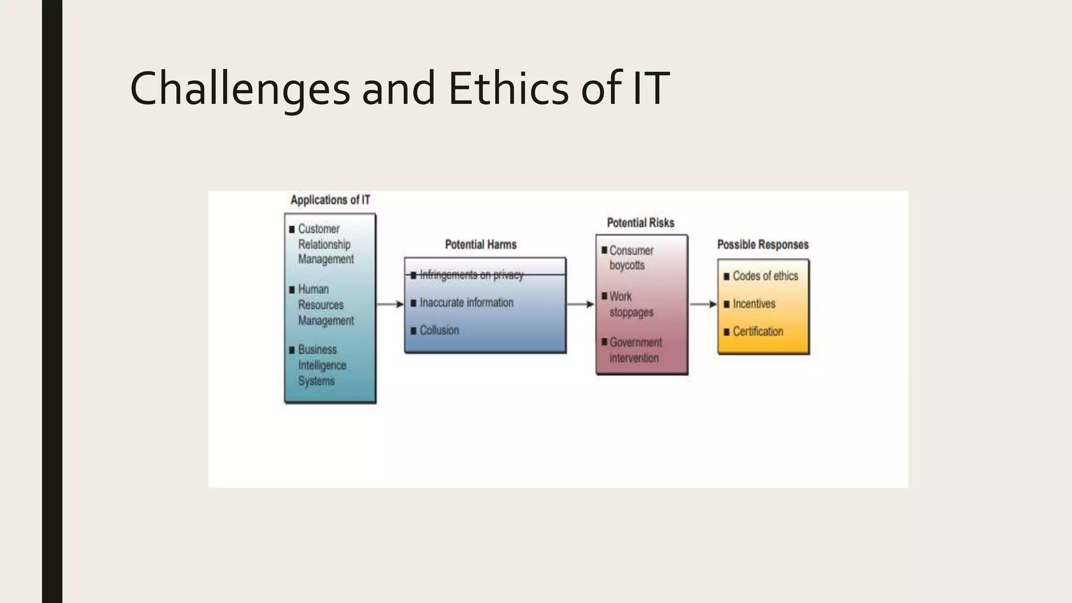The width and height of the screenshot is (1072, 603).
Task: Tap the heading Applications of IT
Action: pyautogui.click(x=330, y=200)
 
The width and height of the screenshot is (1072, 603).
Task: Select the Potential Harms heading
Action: pyautogui.click(x=481, y=244)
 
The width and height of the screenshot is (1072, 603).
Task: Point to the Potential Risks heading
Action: pyautogui.click(x=641, y=223)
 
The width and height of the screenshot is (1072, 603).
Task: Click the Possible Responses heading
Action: pyautogui.click(x=763, y=244)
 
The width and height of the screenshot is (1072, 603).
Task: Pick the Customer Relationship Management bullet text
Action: pyautogui.click(x=326, y=244)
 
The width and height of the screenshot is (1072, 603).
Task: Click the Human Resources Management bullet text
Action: pyautogui.click(x=326, y=305)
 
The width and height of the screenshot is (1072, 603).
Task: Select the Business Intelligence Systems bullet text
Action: pyautogui.click(x=322, y=365)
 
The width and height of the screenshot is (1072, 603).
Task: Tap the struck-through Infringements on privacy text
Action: pyautogui.click(x=471, y=275)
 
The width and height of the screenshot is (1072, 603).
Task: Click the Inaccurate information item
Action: pyautogui.click(x=466, y=303)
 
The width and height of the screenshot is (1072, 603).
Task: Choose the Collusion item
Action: pyautogui.click(x=439, y=330)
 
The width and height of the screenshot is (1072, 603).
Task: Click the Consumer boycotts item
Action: pyautogui.click(x=631, y=258)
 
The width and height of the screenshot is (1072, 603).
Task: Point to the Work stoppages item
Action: pyautogui.click(x=631, y=304)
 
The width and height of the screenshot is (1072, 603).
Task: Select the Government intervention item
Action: pyautogui.click(x=635, y=350)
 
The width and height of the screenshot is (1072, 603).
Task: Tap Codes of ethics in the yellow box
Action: pyautogui.click(x=765, y=276)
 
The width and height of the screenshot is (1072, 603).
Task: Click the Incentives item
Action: pyautogui.click(x=754, y=304)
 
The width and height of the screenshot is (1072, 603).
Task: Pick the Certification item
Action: pyautogui.click(x=757, y=331)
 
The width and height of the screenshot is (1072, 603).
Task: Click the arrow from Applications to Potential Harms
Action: pyautogui.click(x=390, y=304)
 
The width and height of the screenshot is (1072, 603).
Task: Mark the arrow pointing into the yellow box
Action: pyautogui.click(x=703, y=304)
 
